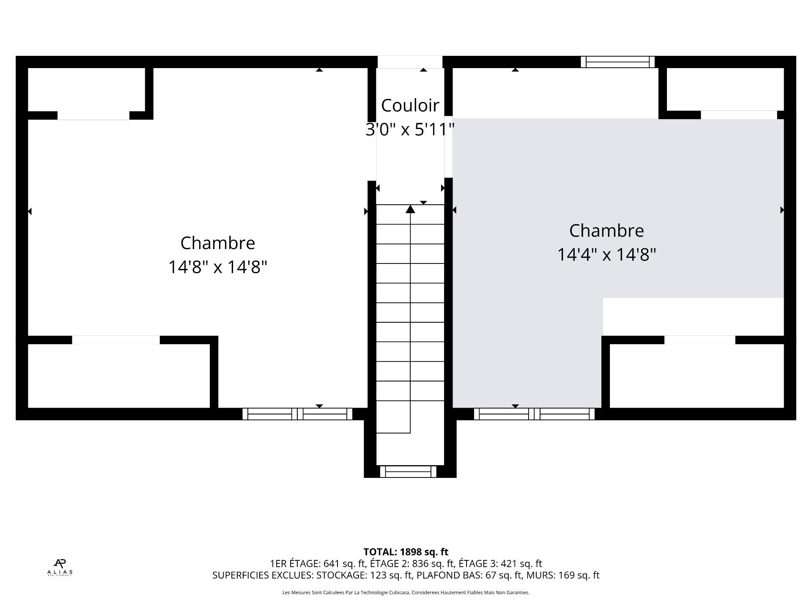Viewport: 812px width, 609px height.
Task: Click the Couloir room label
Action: pyautogui.click(x=410, y=106)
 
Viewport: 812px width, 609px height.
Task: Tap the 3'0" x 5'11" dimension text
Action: pyautogui.click(x=410, y=130)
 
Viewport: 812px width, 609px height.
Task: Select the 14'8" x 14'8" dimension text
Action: pyautogui.click(x=217, y=267)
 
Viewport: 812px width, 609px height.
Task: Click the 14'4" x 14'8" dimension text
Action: pyautogui.click(x=606, y=255)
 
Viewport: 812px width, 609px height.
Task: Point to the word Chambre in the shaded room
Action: pyautogui.click(x=606, y=231)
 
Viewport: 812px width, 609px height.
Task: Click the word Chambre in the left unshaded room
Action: pyautogui.click(x=217, y=243)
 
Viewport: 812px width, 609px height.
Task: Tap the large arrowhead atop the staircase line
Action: pyautogui.click(x=410, y=209)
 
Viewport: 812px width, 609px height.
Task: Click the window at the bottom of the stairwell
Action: pyautogui.click(x=408, y=472)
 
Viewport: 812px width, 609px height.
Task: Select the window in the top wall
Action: pyautogui.click(x=617, y=62)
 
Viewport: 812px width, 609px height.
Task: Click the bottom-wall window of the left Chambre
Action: pyautogui.click(x=297, y=414)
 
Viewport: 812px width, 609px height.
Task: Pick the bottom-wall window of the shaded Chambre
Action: pyautogui.click(x=534, y=414)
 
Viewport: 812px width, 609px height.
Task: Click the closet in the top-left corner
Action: pyautogui.click(x=86, y=89)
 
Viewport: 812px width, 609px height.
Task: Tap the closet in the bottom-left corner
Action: pyautogui.click(x=118, y=376)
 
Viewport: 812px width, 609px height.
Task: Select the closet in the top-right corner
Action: pyautogui.click(x=725, y=89)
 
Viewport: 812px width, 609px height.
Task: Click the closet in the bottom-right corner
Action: pyautogui.click(x=696, y=376)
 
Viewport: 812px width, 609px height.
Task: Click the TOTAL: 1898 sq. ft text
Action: pyautogui.click(x=406, y=552)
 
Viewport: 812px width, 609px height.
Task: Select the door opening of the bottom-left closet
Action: pyautogui.click(x=116, y=340)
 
